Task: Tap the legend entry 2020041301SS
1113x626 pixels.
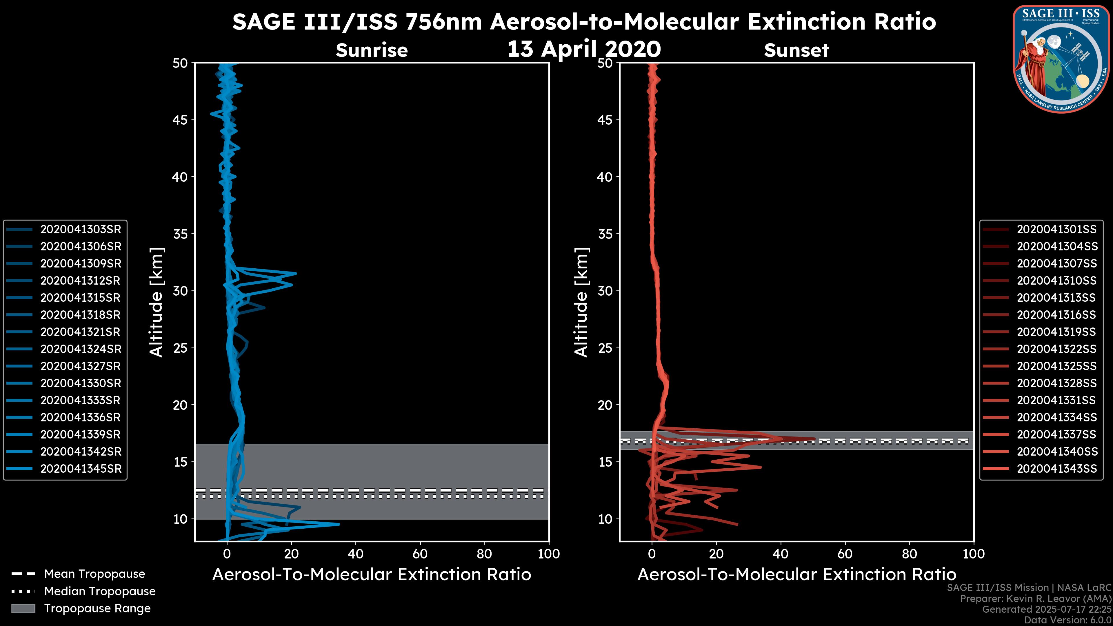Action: point(1057,230)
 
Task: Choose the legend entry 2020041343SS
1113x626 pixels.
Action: point(1057,469)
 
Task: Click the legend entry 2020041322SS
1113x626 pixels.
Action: point(1057,349)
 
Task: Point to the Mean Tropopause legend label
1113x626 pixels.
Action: point(94,574)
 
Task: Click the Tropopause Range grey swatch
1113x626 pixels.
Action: point(23,608)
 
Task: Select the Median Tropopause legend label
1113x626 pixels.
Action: point(100,592)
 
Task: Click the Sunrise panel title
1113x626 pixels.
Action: point(372,50)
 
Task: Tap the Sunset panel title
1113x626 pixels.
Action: point(796,50)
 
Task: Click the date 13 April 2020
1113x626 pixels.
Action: point(584,49)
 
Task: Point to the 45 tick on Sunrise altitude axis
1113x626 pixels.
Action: point(180,120)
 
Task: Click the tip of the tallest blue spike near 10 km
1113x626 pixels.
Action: point(339,524)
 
